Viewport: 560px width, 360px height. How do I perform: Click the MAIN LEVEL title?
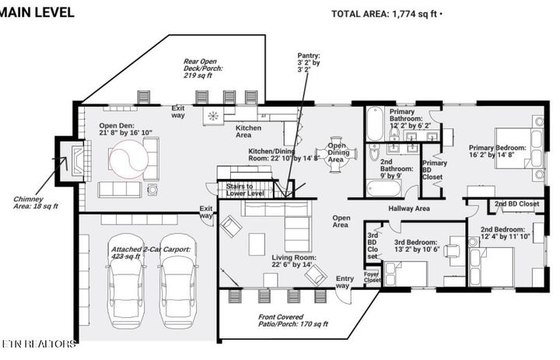(38, 12)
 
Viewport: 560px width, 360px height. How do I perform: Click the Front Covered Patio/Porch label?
(292, 320)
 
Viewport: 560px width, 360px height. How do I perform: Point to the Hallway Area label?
(409, 208)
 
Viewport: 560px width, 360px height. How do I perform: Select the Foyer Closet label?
(371, 276)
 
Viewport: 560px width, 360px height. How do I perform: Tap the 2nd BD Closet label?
(516, 204)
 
